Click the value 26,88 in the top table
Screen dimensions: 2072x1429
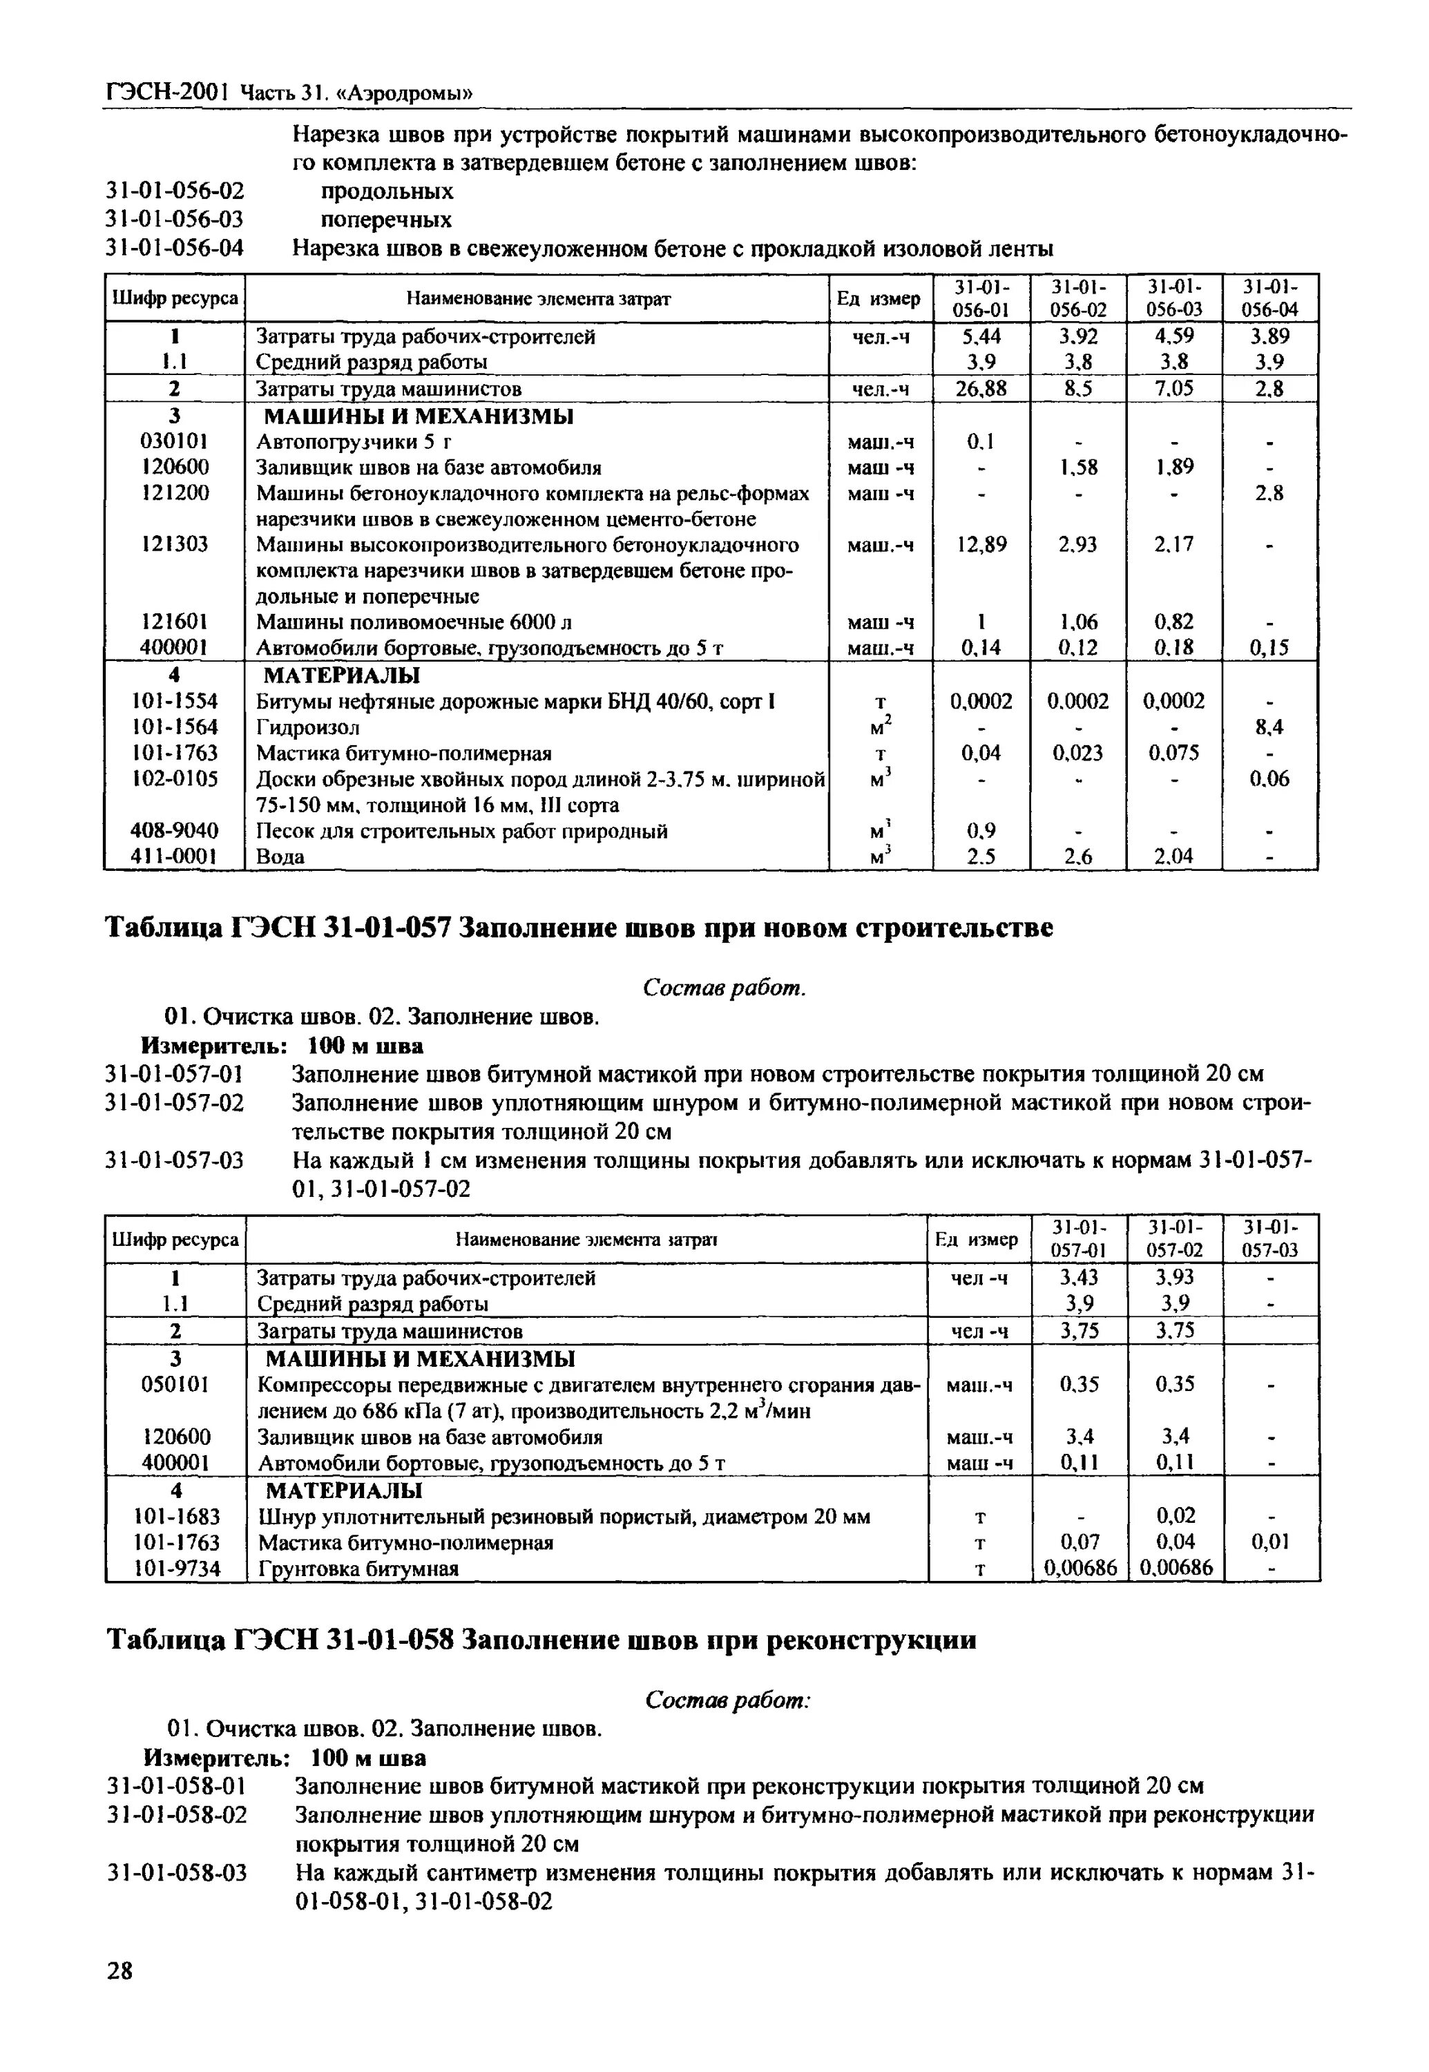pos(981,389)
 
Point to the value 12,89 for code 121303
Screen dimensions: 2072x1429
pos(981,544)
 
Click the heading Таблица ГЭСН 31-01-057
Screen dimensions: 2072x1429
pos(578,928)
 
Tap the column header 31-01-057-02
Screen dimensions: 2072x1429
pos(1176,1239)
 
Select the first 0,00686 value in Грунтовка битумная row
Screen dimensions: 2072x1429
pos(1080,1569)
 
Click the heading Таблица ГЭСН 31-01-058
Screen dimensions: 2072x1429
pos(541,1640)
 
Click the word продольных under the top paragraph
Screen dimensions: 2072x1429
pos(387,191)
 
